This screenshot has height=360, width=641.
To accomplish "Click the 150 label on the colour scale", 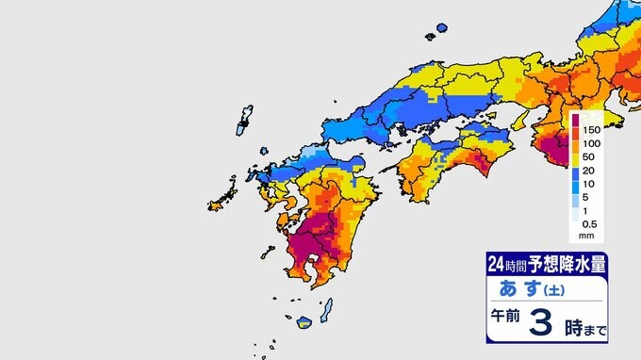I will tap(593, 128).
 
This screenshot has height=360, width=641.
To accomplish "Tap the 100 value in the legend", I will tap(593, 142).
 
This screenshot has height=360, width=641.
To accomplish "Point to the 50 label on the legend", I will tap(591, 156).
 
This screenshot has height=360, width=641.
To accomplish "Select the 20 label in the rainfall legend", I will tap(591, 171).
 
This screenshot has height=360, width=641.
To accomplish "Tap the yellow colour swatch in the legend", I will tap(575, 163).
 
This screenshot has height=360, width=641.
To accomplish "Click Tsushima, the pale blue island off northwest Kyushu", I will tap(245, 119).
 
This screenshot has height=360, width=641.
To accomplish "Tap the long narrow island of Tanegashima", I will tap(327, 308).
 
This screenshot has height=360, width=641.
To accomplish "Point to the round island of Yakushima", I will tap(305, 323).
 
